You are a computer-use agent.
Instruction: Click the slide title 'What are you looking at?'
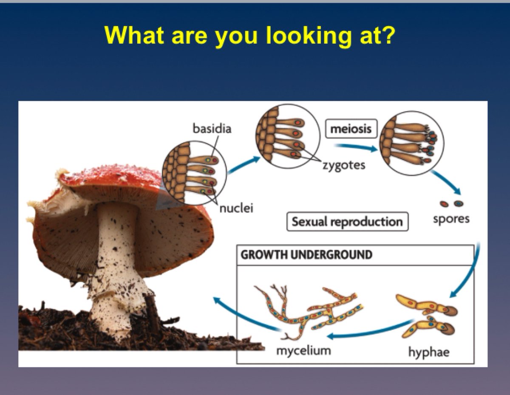250,35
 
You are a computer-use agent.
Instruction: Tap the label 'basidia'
212,128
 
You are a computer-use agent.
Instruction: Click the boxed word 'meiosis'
351,128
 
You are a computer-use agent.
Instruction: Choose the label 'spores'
451,219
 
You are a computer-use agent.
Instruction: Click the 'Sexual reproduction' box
347,222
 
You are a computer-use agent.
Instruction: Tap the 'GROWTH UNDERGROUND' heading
306,255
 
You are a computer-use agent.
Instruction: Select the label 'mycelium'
303,351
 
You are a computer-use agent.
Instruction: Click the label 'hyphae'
428,352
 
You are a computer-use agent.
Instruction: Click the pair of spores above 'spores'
451,204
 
